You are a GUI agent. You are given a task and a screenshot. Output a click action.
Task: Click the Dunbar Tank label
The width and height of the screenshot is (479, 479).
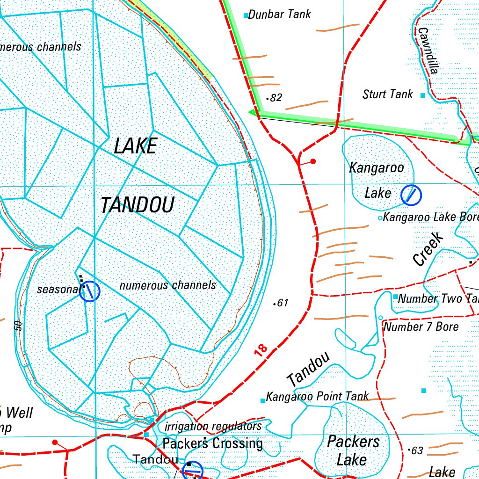[x=279, y=15]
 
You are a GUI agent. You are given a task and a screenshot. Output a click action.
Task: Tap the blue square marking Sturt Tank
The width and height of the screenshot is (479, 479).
[x=423, y=95]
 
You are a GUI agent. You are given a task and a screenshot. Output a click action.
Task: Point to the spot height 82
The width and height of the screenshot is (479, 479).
[x=275, y=98]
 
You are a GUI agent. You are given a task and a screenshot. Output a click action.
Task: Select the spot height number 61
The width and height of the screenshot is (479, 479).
[x=281, y=303]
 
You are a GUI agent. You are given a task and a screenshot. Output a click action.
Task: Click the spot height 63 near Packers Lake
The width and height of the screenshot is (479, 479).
[x=415, y=450]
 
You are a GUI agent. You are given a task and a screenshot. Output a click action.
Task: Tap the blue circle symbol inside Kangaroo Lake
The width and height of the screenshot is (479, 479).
[x=411, y=195]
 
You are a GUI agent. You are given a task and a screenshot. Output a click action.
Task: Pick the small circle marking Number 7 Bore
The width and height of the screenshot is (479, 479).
[x=380, y=318]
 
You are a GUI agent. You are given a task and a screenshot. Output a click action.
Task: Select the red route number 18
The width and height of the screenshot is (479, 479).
[x=262, y=349]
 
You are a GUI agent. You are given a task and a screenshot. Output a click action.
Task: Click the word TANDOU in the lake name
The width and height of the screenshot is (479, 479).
[x=138, y=205]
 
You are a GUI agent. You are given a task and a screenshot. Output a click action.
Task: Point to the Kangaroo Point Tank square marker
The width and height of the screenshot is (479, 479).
[x=262, y=400]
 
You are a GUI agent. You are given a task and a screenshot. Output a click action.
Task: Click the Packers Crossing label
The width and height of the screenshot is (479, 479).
[x=212, y=443]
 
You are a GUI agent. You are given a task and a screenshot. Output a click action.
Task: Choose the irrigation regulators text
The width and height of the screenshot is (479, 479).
[x=213, y=426]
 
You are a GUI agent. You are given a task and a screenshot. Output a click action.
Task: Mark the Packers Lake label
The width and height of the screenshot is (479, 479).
[x=353, y=450]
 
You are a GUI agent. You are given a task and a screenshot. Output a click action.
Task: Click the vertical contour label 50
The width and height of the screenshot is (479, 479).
[x=18, y=326]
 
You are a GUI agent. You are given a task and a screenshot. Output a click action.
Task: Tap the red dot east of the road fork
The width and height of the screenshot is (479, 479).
[x=313, y=162]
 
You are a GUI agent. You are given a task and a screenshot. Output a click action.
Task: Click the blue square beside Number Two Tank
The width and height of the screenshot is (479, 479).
[x=395, y=297]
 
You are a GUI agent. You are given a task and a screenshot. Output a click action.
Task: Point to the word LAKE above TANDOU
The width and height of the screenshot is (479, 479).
[x=135, y=146]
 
